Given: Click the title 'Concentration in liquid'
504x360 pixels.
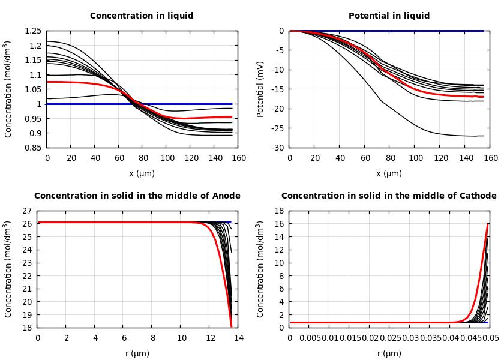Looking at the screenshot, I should tap(142, 16).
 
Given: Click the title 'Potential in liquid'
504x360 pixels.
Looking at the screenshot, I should tap(389, 16).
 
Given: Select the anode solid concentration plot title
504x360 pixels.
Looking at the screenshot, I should tap(137, 196).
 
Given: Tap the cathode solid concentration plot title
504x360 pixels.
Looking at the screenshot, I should tap(389, 196).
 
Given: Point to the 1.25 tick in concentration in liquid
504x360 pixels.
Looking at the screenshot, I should tap(34, 31).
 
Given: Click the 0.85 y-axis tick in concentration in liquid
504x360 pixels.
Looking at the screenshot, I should tap(34, 148).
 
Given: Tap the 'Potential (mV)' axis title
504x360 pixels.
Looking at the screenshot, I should tap(260, 89).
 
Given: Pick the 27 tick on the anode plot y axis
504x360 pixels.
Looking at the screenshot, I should tap(26, 211).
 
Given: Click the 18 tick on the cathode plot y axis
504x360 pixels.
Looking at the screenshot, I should tap(278, 211).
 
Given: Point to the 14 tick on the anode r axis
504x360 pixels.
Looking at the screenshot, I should tap(238, 338).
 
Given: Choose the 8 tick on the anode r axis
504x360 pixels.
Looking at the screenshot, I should tap(152, 338).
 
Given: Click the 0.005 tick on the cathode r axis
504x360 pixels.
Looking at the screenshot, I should tap(310, 338).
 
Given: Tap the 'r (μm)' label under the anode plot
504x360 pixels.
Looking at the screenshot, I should tap(137, 354).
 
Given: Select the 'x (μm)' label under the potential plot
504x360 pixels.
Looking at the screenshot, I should tap(389, 174).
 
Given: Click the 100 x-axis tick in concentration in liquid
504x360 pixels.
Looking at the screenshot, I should tap(167, 158).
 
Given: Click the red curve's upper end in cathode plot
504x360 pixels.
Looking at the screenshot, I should tap(488, 224).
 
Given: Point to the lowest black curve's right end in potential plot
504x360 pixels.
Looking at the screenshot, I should tap(484, 136).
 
